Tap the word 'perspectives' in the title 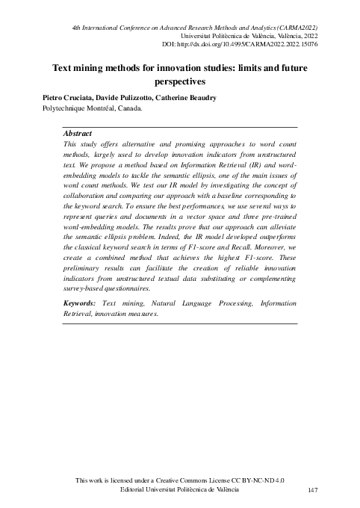(x=179, y=81)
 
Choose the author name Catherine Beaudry (x=196, y=97)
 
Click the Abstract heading (x=78, y=133)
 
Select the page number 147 (x=314, y=490)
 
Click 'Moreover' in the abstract (x=277, y=258)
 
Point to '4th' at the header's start (x=77, y=26)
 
